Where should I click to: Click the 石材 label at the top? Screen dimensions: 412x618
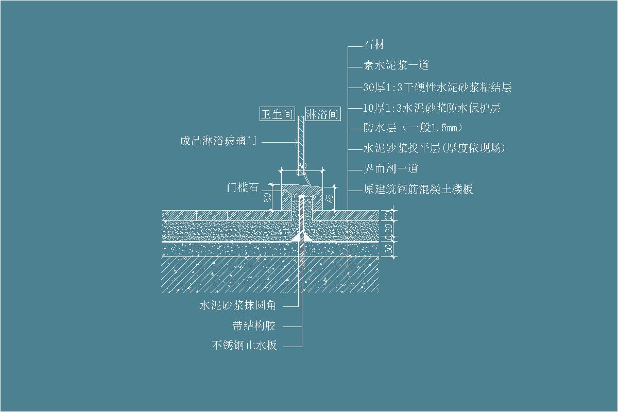(374, 45)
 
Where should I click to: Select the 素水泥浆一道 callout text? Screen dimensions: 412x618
(396, 66)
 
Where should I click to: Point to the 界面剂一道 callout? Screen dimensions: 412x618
(390, 169)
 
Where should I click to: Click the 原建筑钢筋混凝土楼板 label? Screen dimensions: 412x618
(418, 190)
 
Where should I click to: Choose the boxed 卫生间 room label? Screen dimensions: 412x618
(277, 114)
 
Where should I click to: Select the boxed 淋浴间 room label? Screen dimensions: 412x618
(322, 114)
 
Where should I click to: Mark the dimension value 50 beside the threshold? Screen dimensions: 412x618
(267, 198)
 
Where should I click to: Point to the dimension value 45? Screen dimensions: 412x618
(330, 196)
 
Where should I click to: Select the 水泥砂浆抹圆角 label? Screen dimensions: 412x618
(238, 305)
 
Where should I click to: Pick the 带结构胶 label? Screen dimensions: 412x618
(254, 326)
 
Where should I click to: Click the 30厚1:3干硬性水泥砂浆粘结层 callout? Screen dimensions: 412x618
(437, 87)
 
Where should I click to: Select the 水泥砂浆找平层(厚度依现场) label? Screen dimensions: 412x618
(434, 148)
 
